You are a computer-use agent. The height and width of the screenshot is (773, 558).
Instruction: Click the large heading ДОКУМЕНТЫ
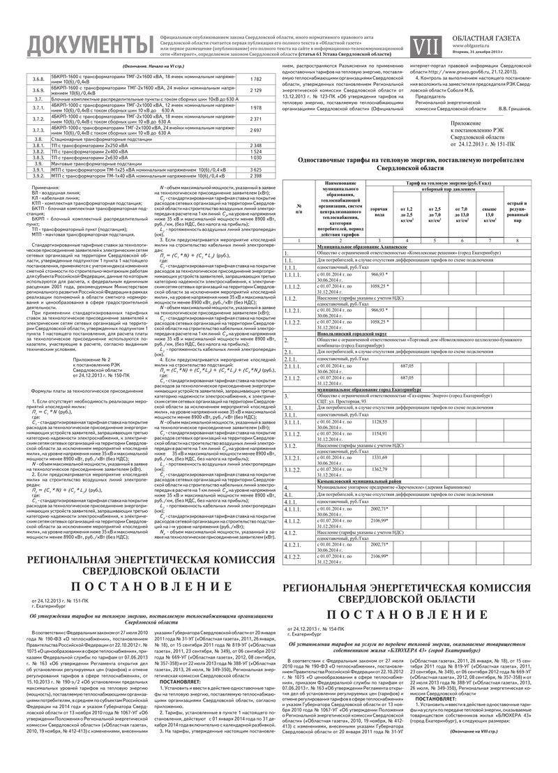point(77,44)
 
